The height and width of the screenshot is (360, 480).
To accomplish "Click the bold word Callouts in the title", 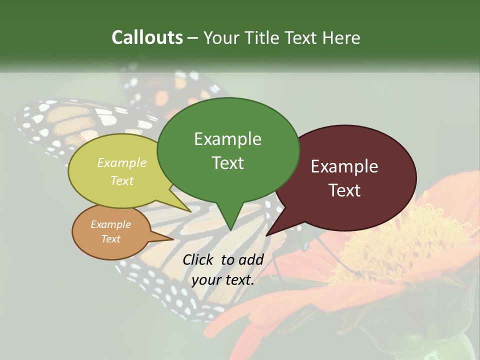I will tap(147, 37).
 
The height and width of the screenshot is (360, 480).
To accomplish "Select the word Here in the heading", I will tap(342, 37).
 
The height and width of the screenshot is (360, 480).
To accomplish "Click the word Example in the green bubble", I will tap(227, 139).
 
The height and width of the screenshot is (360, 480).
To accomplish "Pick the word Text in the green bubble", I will tap(228, 163).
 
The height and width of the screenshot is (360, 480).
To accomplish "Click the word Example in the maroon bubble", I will tap(344, 166).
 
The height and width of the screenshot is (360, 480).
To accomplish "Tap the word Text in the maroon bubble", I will tap(345, 190).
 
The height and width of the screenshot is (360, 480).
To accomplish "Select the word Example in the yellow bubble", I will tap(122, 162).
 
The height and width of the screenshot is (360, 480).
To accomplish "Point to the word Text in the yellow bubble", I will tap(122, 180).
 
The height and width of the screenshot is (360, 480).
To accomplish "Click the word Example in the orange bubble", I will tap(110, 224).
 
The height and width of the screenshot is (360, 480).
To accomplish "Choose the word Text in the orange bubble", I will tap(111, 239).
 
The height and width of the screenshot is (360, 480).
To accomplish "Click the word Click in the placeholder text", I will tap(199, 259).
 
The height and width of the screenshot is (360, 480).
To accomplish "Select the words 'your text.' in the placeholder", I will tap(223, 280).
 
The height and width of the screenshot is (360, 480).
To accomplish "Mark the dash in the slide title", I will tap(193, 38).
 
